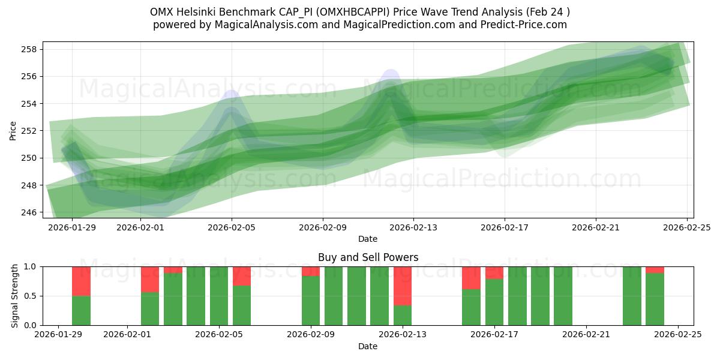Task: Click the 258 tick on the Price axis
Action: [32, 49]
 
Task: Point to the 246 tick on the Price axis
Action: [32, 212]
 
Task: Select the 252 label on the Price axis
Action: [32, 131]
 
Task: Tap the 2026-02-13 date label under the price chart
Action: [413, 227]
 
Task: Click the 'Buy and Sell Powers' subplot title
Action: [368, 257]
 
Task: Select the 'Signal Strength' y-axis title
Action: [15, 296]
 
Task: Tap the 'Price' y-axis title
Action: [13, 131]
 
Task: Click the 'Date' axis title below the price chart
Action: [368, 239]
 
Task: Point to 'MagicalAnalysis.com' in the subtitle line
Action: [257, 25]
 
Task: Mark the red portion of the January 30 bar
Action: [81, 281]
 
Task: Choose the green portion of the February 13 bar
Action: [403, 315]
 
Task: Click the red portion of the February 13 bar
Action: [403, 286]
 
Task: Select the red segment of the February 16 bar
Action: [471, 278]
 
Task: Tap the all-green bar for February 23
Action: [632, 296]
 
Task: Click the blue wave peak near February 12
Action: [391, 75]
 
